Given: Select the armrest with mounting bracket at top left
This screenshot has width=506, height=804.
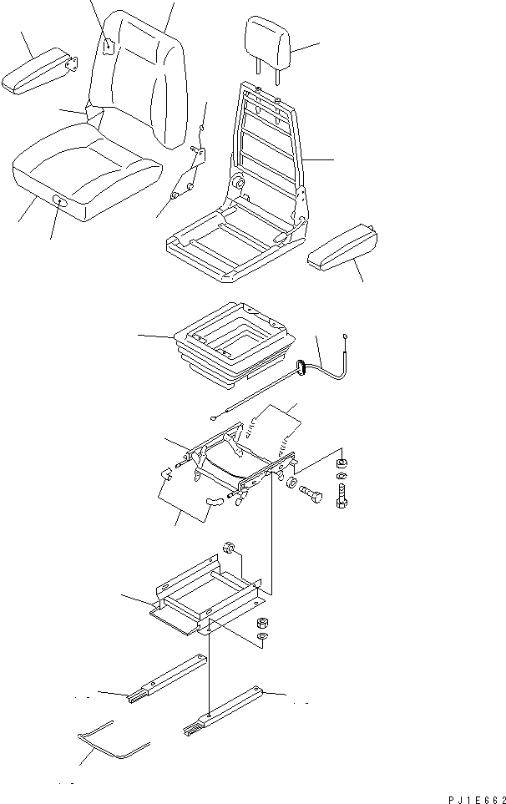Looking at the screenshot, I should click(38, 73).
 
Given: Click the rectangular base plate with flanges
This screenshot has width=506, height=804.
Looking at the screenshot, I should click(205, 597).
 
